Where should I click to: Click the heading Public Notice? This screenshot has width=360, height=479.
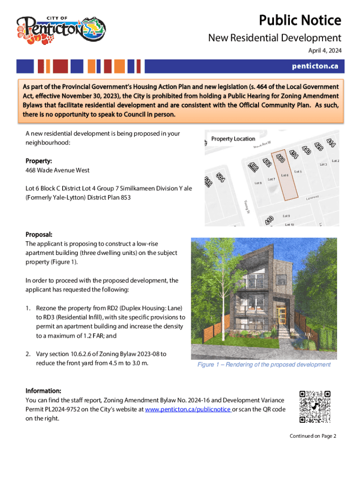pyautogui.click(x=300, y=21)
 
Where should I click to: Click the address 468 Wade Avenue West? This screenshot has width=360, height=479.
pyautogui.click(x=58, y=170)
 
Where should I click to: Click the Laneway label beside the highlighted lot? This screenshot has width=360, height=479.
pyautogui.click(x=312, y=198)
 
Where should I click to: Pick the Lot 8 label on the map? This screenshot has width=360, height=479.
pyautogui.click(x=258, y=183)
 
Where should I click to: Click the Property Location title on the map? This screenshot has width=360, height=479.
pyautogui.click(x=233, y=139)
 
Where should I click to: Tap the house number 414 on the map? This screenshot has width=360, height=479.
pyautogui.click(x=331, y=141)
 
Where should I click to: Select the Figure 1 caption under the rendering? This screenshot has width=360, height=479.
pyautogui.click(x=264, y=364)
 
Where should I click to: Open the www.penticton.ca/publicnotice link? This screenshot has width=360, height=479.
pyautogui.click(x=187, y=409)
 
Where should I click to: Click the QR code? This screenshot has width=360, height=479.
pyautogui.click(x=315, y=406)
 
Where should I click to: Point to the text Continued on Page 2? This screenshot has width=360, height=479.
pyautogui.click(x=313, y=436)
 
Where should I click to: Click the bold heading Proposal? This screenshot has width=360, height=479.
pyautogui.click(x=39, y=234)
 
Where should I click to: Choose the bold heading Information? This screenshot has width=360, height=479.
pyautogui.click(x=43, y=391)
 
